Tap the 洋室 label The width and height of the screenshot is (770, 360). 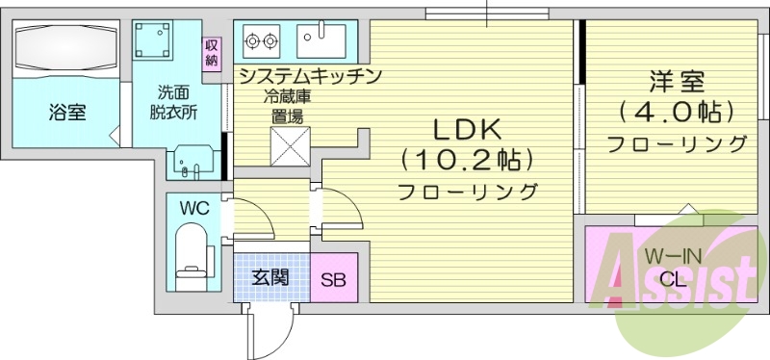click(672, 80)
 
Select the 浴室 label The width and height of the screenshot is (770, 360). click(67, 113)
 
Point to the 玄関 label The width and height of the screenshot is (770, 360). click(270, 278)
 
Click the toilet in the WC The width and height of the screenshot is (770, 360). click(193, 253)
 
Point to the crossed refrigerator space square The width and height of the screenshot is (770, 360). click(288, 145)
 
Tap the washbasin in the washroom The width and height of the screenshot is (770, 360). click(195, 162)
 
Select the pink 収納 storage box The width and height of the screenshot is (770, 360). click(211, 54)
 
